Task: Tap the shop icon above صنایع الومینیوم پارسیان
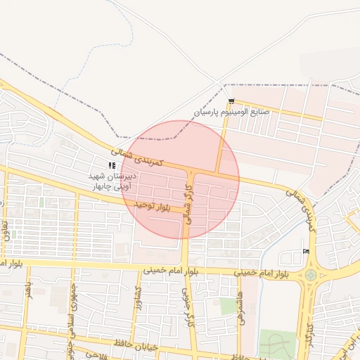pos(231,102)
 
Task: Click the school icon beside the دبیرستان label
pos(112,166)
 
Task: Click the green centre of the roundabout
pos(311,275)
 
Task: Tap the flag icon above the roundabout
pos(304,251)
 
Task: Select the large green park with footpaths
pos(276,345)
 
